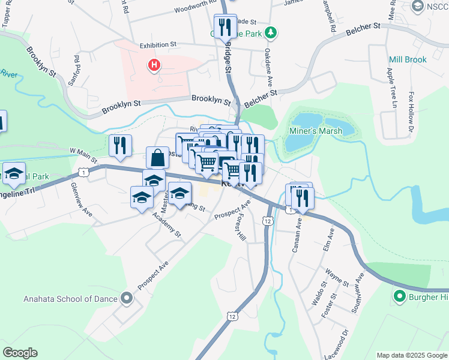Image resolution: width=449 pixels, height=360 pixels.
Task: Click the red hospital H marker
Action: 155,64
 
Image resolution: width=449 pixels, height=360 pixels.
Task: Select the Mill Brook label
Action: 408,59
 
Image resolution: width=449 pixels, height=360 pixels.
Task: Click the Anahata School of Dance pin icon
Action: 126,298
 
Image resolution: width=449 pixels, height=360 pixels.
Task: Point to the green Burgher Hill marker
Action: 399,296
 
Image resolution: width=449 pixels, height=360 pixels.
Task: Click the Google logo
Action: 20,353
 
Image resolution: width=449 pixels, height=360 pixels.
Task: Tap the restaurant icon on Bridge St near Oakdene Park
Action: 225,26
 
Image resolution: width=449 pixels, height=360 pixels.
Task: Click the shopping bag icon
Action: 157,158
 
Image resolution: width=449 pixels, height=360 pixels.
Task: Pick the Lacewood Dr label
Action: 345,340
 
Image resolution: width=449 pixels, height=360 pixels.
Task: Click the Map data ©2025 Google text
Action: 411,355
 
